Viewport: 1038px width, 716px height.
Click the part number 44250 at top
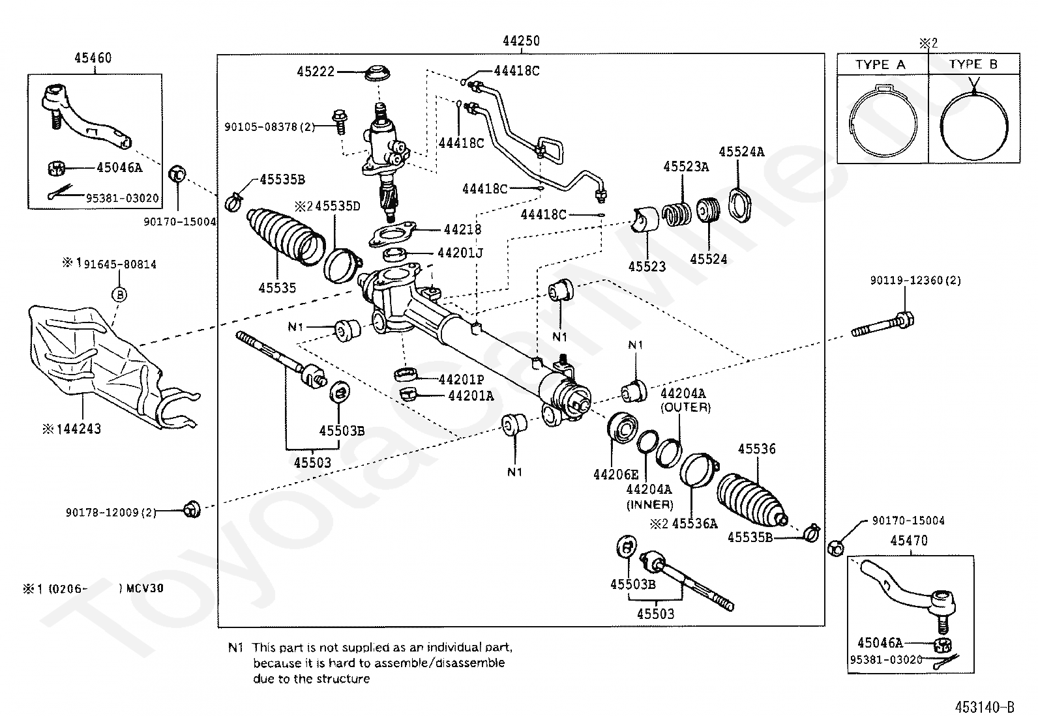[x=521, y=41]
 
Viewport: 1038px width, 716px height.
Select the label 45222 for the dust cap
[x=316, y=72]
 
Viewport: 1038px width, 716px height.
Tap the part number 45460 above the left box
[x=93, y=58]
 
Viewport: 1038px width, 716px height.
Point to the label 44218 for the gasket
[x=462, y=229]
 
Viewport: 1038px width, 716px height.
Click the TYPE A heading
[x=880, y=64]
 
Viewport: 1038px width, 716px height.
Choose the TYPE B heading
[x=973, y=64]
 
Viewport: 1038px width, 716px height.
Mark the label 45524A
[x=741, y=152]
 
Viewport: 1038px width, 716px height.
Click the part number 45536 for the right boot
[x=757, y=449]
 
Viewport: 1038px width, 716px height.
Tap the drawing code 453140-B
[x=985, y=706]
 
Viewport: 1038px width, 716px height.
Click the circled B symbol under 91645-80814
[x=119, y=294]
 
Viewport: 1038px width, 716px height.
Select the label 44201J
[x=460, y=252]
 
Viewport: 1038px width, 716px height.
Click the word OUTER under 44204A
[x=685, y=407]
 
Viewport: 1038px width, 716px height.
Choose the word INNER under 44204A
[x=649, y=504]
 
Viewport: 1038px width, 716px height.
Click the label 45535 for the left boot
[x=276, y=287]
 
